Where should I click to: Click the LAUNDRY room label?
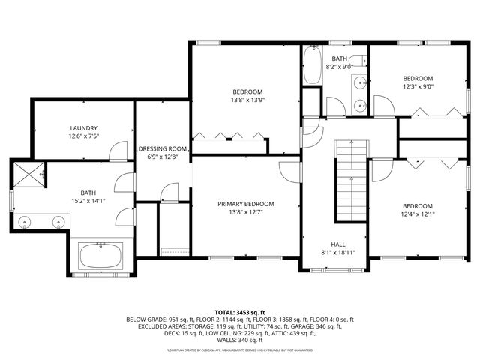coord(83,128)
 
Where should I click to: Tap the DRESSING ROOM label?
coord(161,148)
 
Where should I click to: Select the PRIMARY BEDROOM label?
coord(245,204)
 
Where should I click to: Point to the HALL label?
coord(338,244)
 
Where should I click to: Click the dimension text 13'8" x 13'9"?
coord(247,100)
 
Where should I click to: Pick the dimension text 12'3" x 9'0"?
coord(418,86)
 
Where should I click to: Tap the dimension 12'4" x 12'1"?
coord(417,214)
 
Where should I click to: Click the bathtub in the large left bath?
coord(101,256)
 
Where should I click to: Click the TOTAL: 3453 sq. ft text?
coord(240,312)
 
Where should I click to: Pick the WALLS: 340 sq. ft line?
coord(240,340)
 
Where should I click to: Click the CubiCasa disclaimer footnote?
coord(240,349)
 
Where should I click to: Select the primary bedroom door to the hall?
coord(289,169)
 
